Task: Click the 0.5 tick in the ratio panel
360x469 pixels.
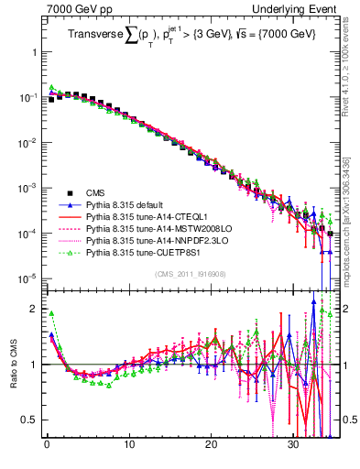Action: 31,420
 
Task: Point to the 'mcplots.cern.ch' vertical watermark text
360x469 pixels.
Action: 349,234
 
